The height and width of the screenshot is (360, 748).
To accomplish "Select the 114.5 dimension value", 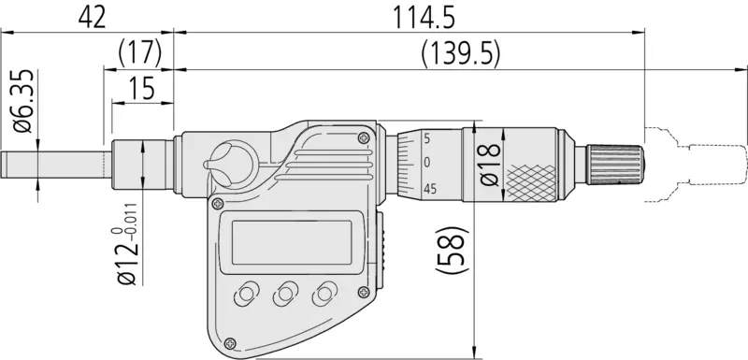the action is (x=424, y=18).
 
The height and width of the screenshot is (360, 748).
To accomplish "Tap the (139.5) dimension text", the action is (x=461, y=54).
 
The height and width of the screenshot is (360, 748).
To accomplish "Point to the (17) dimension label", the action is (x=139, y=53).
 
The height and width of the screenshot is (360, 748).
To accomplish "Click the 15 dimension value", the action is (x=142, y=88).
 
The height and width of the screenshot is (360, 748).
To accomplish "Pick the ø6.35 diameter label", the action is (x=24, y=102).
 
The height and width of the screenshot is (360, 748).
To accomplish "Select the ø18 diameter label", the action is (x=489, y=165).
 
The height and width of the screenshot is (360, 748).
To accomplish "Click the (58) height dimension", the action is (x=450, y=250).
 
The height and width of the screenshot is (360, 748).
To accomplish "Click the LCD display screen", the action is (x=292, y=243).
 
